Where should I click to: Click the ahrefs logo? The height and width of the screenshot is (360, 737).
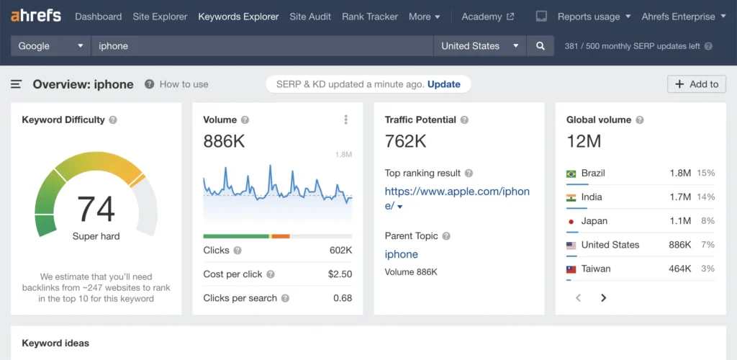(36, 16)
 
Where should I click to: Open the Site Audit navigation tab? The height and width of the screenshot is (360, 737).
(310, 17)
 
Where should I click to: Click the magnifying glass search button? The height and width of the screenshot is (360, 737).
(541, 46)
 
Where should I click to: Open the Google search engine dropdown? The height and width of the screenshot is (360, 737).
(50, 46)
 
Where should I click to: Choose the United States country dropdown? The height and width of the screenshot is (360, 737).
(479, 46)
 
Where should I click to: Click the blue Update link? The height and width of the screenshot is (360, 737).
(443, 84)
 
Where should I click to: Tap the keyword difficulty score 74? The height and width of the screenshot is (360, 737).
(96, 209)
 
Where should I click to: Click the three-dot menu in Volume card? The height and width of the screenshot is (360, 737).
(346, 120)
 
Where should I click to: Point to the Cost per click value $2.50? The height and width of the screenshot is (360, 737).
(340, 274)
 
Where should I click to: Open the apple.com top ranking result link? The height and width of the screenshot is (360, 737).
(457, 198)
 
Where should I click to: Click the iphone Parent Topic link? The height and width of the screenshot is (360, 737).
(401, 254)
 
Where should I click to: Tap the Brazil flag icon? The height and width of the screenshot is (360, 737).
(571, 174)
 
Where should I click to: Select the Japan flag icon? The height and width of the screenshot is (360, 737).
(571, 221)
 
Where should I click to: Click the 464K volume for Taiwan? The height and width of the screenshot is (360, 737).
(679, 269)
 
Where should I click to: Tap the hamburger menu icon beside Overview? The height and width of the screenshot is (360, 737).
(16, 84)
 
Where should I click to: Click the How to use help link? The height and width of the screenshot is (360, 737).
(183, 84)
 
